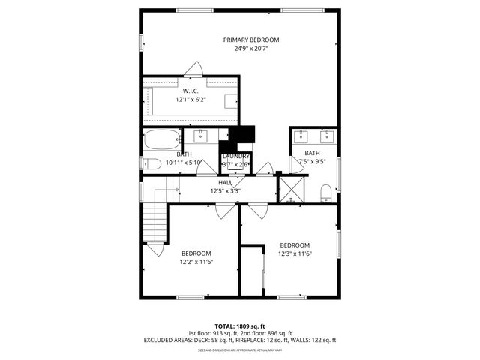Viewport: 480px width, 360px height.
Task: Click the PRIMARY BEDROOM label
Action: click(x=250, y=40)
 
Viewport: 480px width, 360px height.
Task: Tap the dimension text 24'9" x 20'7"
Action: click(x=250, y=49)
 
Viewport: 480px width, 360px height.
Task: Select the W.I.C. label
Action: click(x=190, y=91)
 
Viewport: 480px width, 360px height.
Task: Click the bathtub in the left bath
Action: click(x=161, y=139)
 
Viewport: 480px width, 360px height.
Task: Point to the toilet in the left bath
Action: click(x=151, y=163)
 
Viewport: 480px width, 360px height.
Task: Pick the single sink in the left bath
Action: click(x=201, y=136)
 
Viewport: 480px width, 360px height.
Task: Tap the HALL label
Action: click(x=225, y=182)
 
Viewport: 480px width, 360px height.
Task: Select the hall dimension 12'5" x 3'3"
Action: click(x=225, y=190)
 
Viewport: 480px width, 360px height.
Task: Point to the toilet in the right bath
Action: click(x=326, y=194)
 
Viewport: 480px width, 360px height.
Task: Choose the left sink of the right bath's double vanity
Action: click(x=301, y=136)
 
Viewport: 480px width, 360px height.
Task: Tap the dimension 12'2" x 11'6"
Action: click(x=196, y=262)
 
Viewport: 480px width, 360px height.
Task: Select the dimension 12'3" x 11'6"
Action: click(x=295, y=254)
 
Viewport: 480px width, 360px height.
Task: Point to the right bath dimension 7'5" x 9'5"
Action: click(x=312, y=160)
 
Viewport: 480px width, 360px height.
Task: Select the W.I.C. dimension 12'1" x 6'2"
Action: click(x=190, y=99)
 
